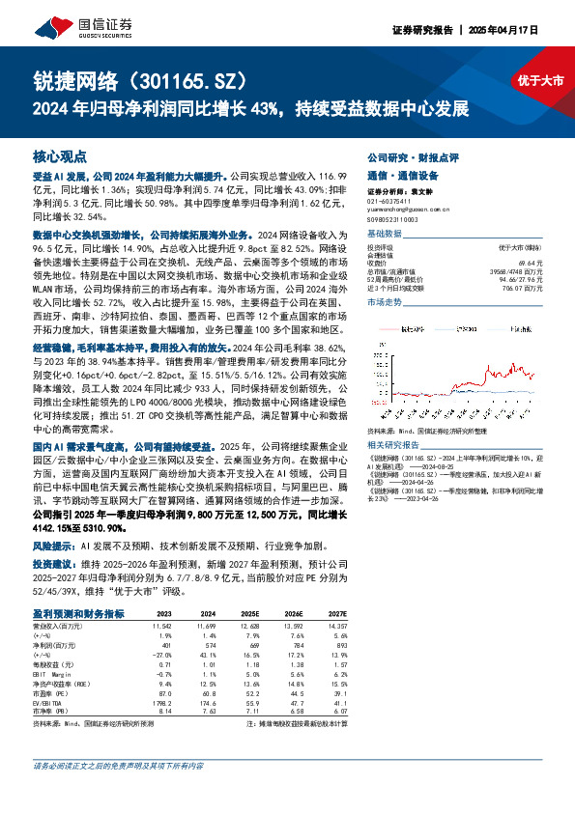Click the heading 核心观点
(x=60, y=155)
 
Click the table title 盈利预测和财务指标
(x=77, y=613)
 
